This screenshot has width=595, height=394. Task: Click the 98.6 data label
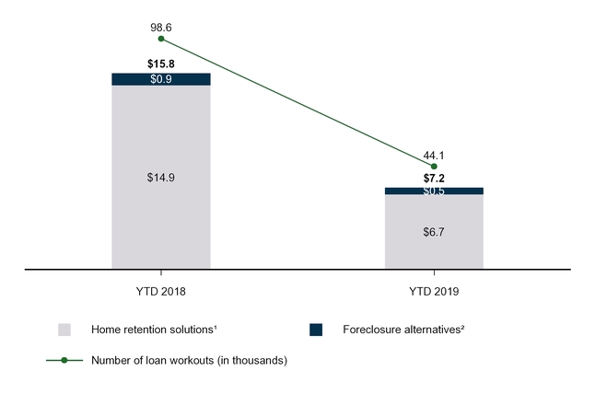[x=161, y=29]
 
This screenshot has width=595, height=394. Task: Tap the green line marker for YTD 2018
[x=161, y=39]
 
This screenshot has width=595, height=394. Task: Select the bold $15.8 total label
[x=161, y=64]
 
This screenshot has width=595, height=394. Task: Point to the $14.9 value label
[x=161, y=177]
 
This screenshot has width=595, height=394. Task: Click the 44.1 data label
[x=434, y=156]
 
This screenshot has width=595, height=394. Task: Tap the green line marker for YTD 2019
[x=434, y=167]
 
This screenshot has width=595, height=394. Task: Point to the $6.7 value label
[x=434, y=232]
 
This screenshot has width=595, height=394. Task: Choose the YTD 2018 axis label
[x=161, y=291]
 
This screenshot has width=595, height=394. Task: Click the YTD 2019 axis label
[x=434, y=291]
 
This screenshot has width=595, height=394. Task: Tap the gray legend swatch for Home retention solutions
[x=64, y=330]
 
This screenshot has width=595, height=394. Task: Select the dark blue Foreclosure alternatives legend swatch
[x=316, y=330]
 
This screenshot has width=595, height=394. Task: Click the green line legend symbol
[x=64, y=360]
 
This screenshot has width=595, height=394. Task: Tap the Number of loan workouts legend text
[x=189, y=360]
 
